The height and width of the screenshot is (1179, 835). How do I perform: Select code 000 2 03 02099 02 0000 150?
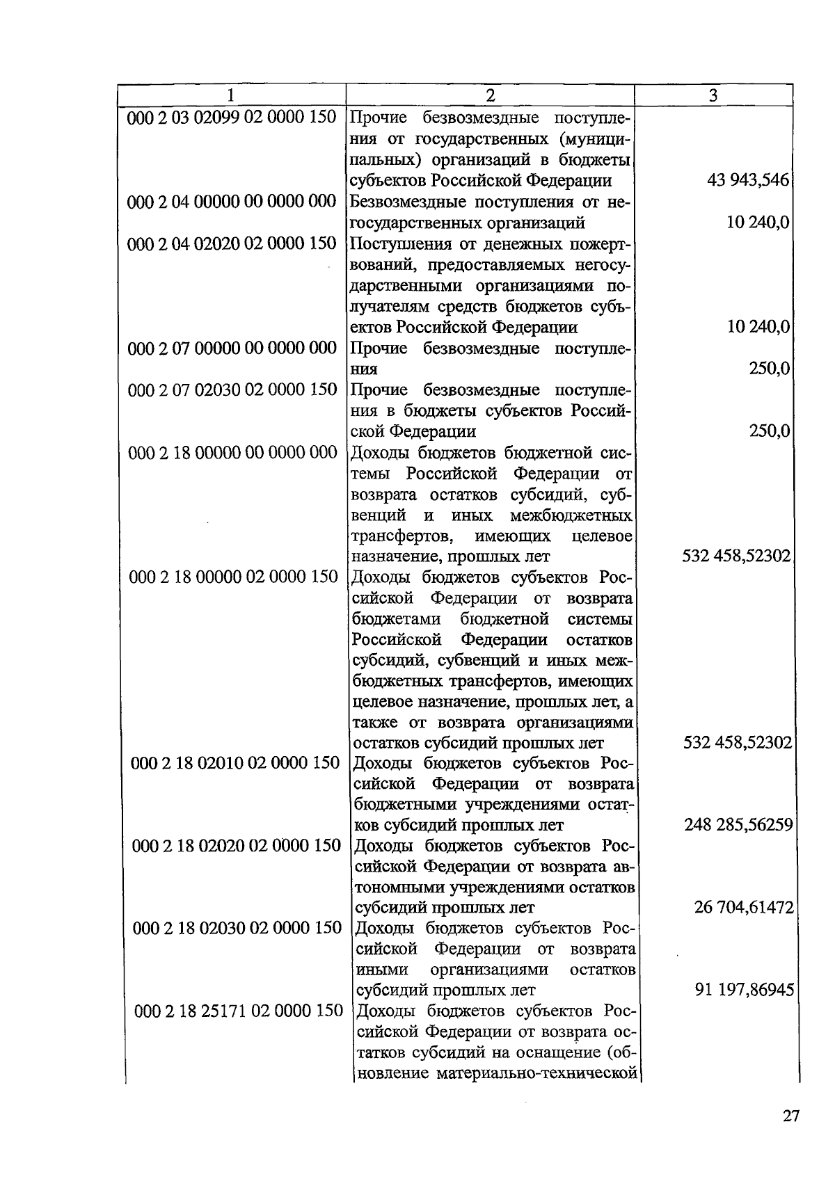[x=232, y=117]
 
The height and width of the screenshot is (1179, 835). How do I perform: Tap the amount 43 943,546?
[x=748, y=181]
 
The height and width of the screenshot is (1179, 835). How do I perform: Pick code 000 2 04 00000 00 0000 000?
[x=232, y=202]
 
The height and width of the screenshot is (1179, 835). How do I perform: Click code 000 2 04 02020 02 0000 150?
[x=232, y=243]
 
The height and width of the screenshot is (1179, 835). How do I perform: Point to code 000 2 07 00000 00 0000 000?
[x=232, y=348]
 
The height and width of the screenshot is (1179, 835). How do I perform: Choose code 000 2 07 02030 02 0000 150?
[x=232, y=390]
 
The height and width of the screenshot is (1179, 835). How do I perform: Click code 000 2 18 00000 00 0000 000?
[x=232, y=453]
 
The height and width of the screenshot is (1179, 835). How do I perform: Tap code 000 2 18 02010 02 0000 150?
[x=235, y=763]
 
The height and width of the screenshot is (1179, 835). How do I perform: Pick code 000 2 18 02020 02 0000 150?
[x=236, y=846]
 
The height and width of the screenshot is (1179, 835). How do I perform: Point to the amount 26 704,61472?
[x=744, y=908]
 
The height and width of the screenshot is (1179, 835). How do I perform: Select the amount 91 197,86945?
[x=744, y=990]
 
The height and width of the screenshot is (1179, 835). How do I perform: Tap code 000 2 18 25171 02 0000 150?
[x=238, y=1011]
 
